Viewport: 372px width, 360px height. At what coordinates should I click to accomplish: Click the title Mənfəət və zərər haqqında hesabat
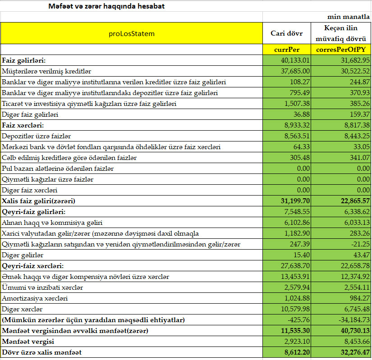click(106, 6)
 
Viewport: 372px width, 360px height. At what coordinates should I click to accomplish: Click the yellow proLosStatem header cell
click(132, 33)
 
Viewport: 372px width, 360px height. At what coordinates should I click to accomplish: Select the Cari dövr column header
click(287, 33)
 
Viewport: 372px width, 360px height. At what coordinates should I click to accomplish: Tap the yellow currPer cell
click(287, 50)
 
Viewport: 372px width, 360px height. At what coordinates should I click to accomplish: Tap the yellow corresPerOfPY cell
click(340, 50)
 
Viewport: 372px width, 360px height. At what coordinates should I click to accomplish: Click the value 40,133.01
click(295, 60)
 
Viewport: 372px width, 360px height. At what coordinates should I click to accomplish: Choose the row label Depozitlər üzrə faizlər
click(37, 136)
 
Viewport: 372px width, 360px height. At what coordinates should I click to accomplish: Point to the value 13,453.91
click(295, 277)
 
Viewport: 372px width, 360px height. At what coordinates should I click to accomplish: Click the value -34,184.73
click(350, 320)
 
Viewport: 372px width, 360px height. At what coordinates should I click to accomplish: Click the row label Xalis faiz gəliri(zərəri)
click(39, 201)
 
